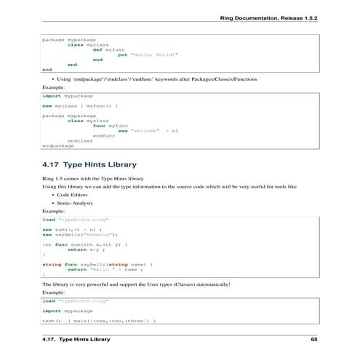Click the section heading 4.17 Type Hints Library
pos(89,165)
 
